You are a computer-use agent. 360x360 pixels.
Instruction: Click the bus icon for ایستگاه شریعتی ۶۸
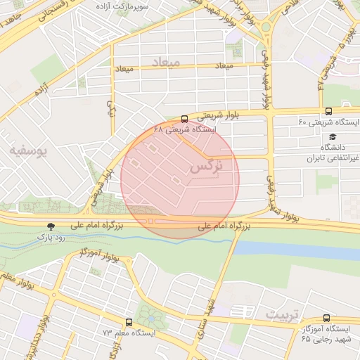point(184,119)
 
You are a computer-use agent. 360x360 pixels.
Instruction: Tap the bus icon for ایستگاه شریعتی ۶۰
point(328,111)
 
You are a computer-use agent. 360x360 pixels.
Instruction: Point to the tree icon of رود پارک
point(49,226)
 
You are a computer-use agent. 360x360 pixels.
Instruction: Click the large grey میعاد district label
point(166,62)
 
